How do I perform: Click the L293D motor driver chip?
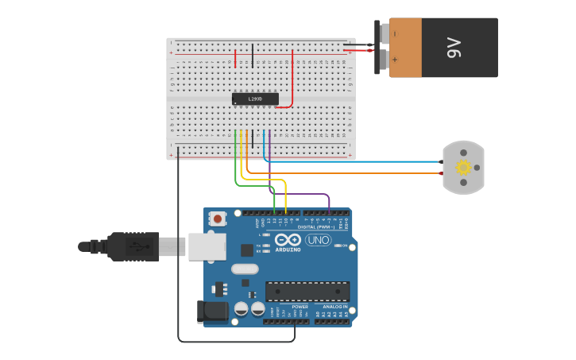(255, 99)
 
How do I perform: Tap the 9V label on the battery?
(454, 48)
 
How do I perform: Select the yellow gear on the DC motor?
(463, 168)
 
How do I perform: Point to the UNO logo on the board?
(318, 240)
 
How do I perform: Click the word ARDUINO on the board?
(288, 250)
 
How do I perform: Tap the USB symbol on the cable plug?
(137, 247)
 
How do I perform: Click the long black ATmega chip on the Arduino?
(307, 291)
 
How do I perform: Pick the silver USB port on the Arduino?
(207, 246)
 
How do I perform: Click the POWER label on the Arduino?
(300, 306)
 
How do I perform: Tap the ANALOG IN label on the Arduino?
(334, 306)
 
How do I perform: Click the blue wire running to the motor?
(358, 161)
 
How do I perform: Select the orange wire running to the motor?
(358, 172)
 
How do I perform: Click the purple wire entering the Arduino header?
(328, 203)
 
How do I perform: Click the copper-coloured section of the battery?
(405, 48)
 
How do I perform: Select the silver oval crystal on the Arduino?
(245, 269)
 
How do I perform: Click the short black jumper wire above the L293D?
(253, 56)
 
